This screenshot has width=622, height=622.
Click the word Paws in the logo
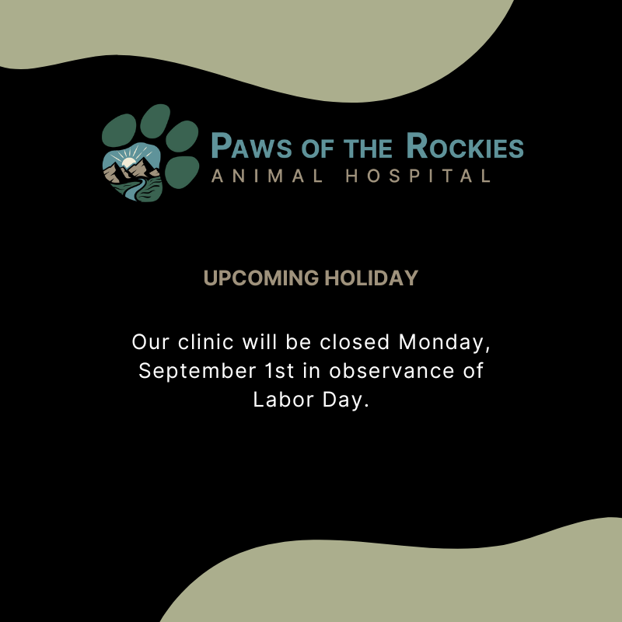pos(251,145)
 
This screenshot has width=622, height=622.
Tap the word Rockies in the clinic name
pos(465,145)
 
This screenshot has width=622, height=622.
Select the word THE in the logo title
pos(368,148)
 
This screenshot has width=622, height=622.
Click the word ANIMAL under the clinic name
pos(267,176)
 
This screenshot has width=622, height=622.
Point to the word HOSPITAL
pos(418,176)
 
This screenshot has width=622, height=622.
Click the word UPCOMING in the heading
pos(261,278)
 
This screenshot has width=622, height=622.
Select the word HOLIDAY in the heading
pos(372,278)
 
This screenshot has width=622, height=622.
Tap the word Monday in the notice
pos(444,342)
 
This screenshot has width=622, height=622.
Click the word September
pos(197,372)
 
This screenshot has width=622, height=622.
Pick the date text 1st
pos(279,371)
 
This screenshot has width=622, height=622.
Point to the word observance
pos(392,371)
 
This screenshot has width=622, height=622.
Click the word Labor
pos(284,400)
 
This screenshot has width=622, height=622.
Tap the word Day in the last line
pos(345,400)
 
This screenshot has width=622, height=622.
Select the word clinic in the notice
pos(206,342)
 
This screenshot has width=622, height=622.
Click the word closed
pos(355,342)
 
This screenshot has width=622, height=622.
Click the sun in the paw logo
pos(128,162)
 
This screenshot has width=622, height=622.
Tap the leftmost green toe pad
pos(119,131)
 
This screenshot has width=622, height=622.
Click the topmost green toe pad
pos(155,121)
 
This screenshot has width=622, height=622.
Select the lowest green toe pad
pos(182,172)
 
